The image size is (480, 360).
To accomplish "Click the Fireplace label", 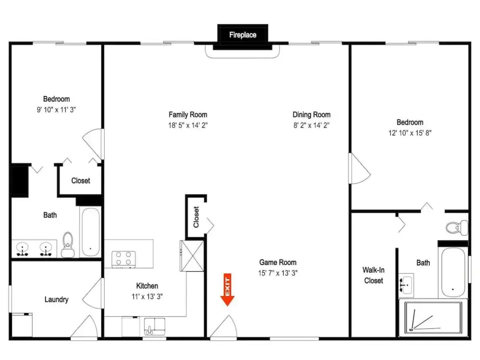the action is (x=243, y=35).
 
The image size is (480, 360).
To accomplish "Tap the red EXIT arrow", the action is (x=227, y=290).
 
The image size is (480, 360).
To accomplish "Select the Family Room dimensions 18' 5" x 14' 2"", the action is (x=188, y=125).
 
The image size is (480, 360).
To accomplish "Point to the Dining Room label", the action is (x=311, y=115).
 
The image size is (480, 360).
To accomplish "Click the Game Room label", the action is (x=278, y=262).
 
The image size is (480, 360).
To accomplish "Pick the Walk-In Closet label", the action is (x=374, y=275).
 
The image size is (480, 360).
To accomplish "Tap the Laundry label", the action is (x=56, y=299).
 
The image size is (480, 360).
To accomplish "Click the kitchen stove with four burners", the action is (x=124, y=259).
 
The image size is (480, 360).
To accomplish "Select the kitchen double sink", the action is (x=155, y=327).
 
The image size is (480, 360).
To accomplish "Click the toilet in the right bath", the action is (x=457, y=228).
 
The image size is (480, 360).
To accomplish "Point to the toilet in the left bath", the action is (x=68, y=245).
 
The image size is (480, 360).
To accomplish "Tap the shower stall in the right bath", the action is (x=433, y=318).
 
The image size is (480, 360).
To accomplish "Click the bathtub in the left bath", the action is (x=91, y=232).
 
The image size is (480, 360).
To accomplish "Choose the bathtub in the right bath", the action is (x=453, y=272).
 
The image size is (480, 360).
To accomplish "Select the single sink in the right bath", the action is (x=406, y=285).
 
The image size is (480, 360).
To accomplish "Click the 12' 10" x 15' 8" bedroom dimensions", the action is (x=410, y=133).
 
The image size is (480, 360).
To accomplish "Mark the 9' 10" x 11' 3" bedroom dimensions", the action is (x=56, y=110).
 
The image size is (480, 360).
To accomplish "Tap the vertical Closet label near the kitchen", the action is (x=196, y=217).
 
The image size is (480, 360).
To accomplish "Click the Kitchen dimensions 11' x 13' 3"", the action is (x=147, y=297).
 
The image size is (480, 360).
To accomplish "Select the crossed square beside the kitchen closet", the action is (x=192, y=256).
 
